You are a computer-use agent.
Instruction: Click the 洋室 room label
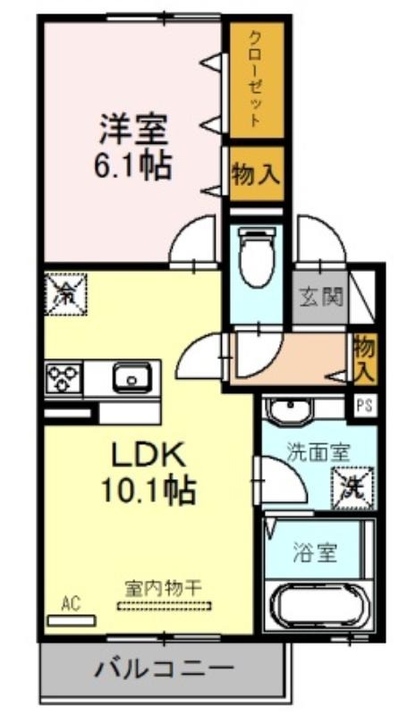pyautogui.click(x=133, y=130)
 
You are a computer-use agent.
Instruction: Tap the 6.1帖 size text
pyautogui.click(x=133, y=165)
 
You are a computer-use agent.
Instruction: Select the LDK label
pyautogui.click(x=148, y=455)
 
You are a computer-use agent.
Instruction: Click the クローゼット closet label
pyautogui.click(x=255, y=80)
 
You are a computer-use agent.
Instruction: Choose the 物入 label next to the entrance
pyautogui.click(x=363, y=357)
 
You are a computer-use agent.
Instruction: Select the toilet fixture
pyautogui.click(x=257, y=255)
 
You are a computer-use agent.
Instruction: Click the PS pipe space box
pyautogui.click(x=363, y=405)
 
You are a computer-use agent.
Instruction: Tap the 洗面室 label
pyautogui.click(x=318, y=451)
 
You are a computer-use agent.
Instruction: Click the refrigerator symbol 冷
pyautogui.click(x=64, y=292)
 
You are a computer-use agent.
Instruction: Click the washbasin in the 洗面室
pyautogui.click(x=289, y=410)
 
